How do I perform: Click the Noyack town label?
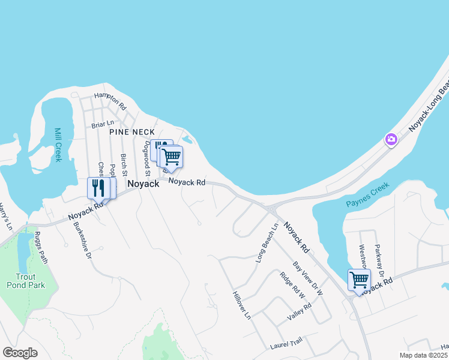pyautogui.click(x=143, y=184)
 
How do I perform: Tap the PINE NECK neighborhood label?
pyautogui.click(x=132, y=131)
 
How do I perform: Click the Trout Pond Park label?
pyautogui.click(x=30, y=281)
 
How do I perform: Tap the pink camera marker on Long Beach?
pyautogui.click(x=391, y=140)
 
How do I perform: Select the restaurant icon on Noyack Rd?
pyautogui.click(x=98, y=188)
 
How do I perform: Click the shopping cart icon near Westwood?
pyautogui.click(x=358, y=280)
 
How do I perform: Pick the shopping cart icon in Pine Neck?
pyautogui.click(x=172, y=157)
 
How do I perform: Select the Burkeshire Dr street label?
pyautogui.click(x=82, y=241)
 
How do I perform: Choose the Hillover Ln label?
pyautogui.click(x=241, y=305)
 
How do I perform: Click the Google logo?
pyautogui.click(x=20, y=353)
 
